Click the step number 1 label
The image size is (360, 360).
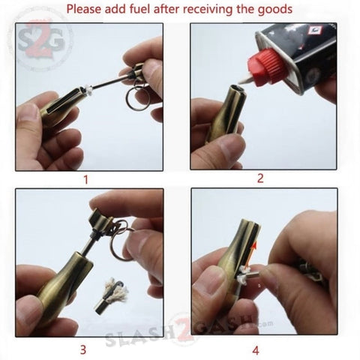[85, 179]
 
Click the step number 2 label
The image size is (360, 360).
[260, 178]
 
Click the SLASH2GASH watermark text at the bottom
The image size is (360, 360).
[180, 335]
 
